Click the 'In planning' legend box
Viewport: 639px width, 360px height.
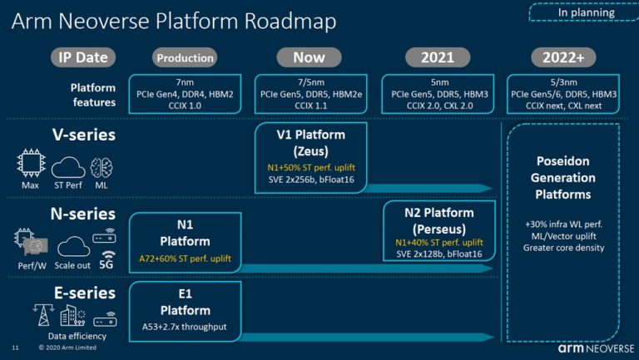pyautogui.click(x=583, y=12)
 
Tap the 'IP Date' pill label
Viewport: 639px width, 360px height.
pyautogui.click(x=83, y=57)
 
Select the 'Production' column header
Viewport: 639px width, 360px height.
pyautogui.click(x=185, y=58)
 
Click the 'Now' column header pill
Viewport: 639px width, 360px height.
pyautogui.click(x=309, y=57)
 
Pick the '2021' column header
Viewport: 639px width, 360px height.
pyautogui.click(x=438, y=57)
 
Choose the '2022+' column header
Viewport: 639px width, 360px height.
pyautogui.click(x=563, y=57)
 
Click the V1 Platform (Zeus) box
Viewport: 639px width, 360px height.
pyautogui.click(x=310, y=157)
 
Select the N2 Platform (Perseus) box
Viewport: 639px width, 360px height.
pyautogui.click(x=439, y=231)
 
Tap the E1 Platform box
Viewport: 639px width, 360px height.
pyautogui.click(x=185, y=312)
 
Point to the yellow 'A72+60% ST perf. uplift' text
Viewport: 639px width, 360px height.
pyautogui.click(x=185, y=259)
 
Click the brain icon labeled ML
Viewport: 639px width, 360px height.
pyautogui.click(x=101, y=167)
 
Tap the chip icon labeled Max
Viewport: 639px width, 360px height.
pyautogui.click(x=31, y=163)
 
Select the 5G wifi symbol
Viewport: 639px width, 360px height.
pyautogui.click(x=108, y=256)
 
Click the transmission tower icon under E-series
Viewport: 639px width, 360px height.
pyautogui.click(x=42, y=315)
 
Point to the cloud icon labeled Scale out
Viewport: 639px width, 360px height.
pyautogui.click(x=73, y=246)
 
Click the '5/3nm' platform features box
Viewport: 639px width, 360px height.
pyautogui.click(x=563, y=94)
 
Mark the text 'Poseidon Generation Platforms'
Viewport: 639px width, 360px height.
pyautogui.click(x=563, y=178)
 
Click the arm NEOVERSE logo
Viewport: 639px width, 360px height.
pyautogui.click(x=596, y=348)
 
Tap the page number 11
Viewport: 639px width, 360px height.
pyautogui.click(x=16, y=348)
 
